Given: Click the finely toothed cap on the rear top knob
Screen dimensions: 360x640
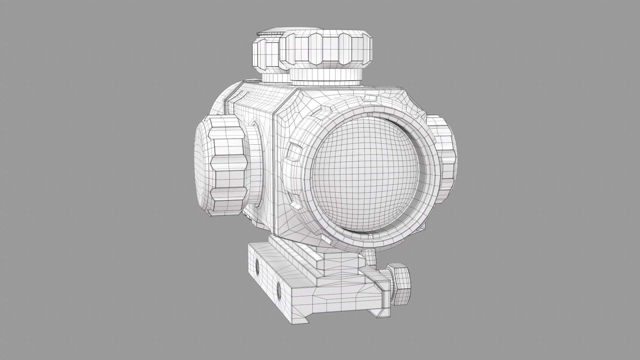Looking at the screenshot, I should [272, 33].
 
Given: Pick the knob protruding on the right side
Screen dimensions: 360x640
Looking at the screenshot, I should [445, 158].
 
